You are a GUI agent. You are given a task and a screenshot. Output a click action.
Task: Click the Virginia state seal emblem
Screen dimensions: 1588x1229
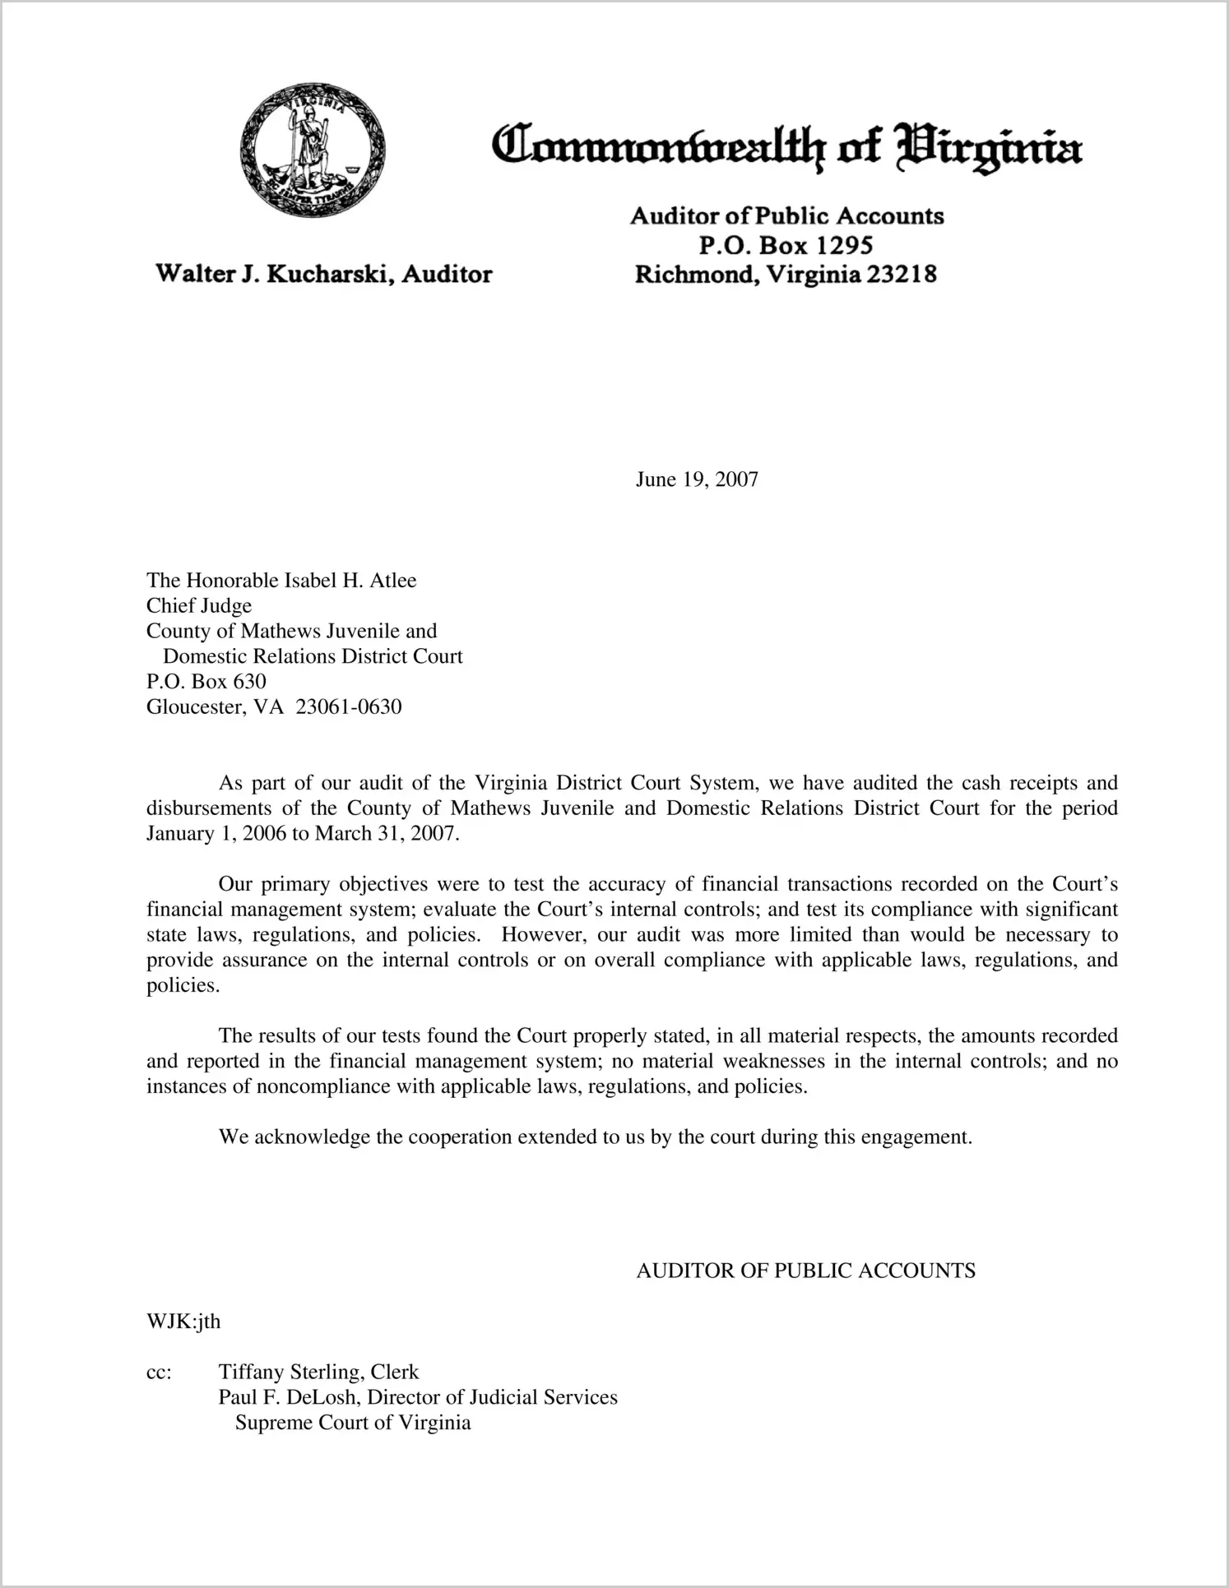313,150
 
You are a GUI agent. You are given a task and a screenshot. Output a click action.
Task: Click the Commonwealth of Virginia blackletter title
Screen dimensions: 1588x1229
786,148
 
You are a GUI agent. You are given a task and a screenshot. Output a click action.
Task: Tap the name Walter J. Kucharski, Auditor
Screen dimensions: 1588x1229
324,274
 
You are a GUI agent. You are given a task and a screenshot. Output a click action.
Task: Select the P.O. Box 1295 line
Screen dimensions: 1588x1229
786,245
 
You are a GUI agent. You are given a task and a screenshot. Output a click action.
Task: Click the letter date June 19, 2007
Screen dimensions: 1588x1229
697,479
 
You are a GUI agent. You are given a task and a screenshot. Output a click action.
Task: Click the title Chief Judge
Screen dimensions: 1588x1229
199,606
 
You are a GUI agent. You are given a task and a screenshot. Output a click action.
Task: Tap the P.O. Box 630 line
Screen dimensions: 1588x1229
206,682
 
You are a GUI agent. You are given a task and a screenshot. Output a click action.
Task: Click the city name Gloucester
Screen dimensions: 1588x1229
192,707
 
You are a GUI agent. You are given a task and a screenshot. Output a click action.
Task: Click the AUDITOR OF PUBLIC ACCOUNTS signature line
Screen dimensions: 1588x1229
805,1271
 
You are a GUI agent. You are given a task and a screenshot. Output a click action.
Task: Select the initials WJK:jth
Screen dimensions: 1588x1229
183,1322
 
